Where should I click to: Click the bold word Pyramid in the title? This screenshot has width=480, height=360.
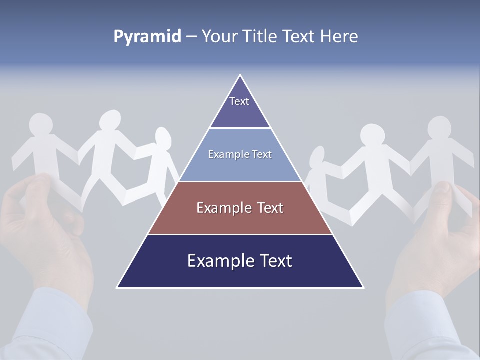pos(147,37)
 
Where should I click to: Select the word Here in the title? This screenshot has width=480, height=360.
pos(340,37)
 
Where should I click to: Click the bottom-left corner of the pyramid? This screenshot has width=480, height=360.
pos(118,287)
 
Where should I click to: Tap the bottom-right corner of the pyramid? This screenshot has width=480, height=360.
pos(363,287)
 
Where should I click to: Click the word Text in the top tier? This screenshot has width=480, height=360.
pos(239,101)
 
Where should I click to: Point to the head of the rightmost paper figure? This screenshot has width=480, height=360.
pos(440,128)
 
